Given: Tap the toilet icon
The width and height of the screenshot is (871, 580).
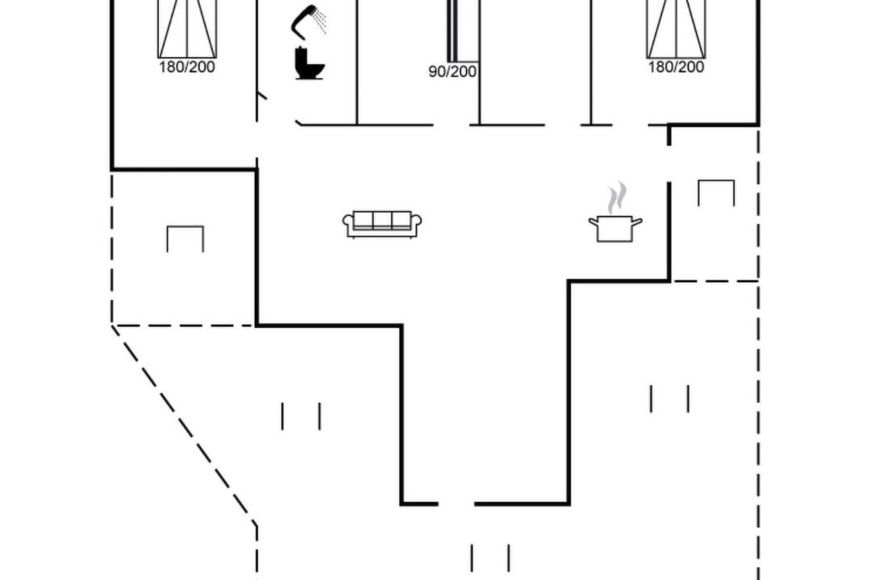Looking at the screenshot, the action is click(x=309, y=64).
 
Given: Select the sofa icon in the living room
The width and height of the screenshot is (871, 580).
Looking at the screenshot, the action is click(x=382, y=224).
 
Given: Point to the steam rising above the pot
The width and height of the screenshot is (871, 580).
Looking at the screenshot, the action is click(x=617, y=197).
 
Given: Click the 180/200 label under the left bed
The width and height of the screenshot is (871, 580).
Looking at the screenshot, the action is click(x=186, y=67).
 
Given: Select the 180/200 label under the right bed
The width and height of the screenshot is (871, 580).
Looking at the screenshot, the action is click(x=676, y=67).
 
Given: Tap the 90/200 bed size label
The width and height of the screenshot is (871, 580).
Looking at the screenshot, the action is click(x=452, y=72).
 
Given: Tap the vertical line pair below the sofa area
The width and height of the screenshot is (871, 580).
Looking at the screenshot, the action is click(x=301, y=416).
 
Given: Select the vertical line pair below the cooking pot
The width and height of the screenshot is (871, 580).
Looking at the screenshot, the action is click(x=669, y=399).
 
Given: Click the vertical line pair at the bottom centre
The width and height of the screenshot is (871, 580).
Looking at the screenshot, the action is click(x=490, y=557).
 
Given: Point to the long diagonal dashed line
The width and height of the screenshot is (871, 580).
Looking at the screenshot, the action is click(x=184, y=425).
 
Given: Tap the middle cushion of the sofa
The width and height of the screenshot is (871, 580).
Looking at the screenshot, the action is click(x=382, y=220).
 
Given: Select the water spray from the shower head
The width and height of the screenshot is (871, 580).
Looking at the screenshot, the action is click(x=319, y=19).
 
